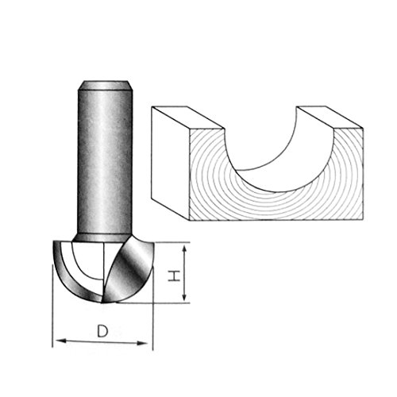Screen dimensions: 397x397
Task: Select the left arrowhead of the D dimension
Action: tap(58, 342)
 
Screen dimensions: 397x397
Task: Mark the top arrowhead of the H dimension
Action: tap(184, 249)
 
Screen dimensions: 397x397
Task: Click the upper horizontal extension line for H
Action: tap(171, 242)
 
